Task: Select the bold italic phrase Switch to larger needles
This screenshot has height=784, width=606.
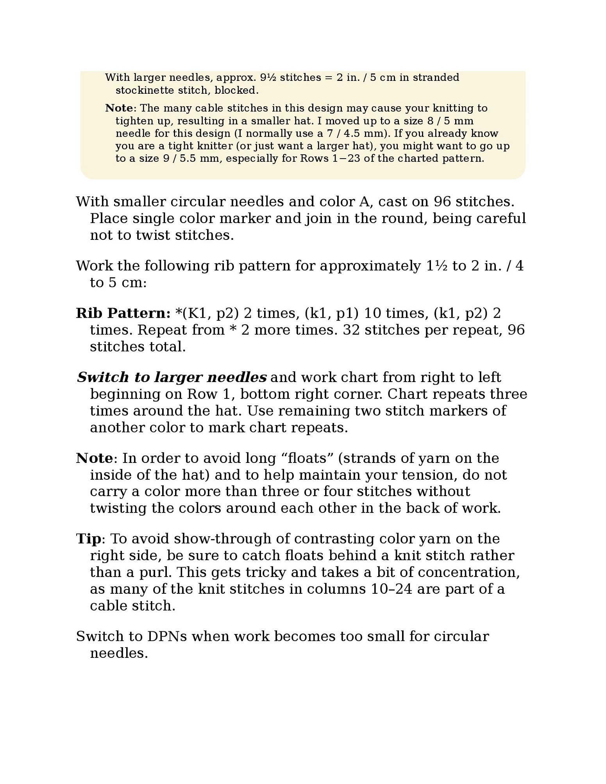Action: [x=172, y=377]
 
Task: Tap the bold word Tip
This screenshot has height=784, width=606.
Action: [x=88, y=538]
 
